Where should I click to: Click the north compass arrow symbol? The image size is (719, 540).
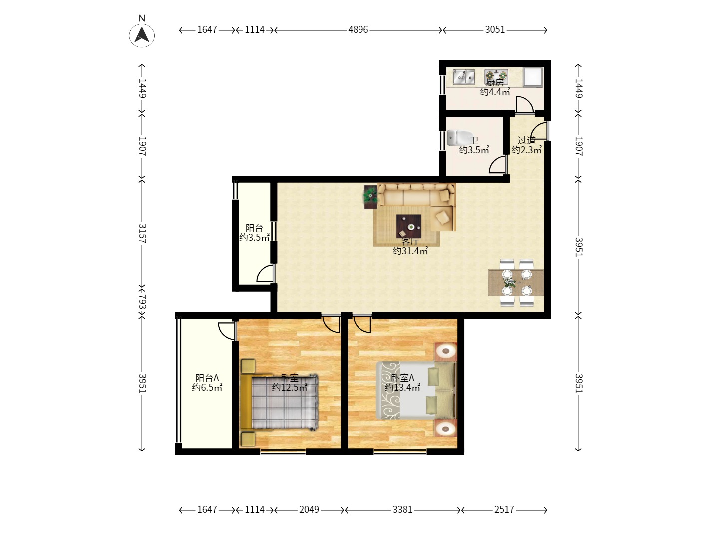click(x=142, y=35)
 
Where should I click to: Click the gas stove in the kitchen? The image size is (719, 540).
click(x=496, y=75)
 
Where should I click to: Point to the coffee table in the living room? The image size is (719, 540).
click(x=408, y=226)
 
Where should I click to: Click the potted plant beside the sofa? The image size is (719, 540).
click(x=370, y=197)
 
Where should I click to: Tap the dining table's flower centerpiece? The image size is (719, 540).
click(x=509, y=282)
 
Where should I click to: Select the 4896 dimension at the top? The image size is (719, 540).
click(x=358, y=30)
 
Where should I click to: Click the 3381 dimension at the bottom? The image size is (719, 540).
click(x=402, y=509)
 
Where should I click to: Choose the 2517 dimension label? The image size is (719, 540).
click(x=504, y=509)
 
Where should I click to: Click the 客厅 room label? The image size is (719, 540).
click(x=410, y=242)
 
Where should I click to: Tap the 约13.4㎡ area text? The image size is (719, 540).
click(x=402, y=388)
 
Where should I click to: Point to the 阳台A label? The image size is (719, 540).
click(x=207, y=378)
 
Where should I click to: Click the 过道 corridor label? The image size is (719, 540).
click(x=526, y=140)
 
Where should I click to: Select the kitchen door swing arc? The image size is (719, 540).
click(x=525, y=104)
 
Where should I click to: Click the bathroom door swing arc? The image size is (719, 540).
click(x=498, y=164)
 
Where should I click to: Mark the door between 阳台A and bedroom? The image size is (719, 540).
click(x=227, y=331)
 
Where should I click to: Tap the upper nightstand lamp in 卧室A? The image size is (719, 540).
click(x=445, y=352)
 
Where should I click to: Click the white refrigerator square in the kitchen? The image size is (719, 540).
click(x=533, y=77)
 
